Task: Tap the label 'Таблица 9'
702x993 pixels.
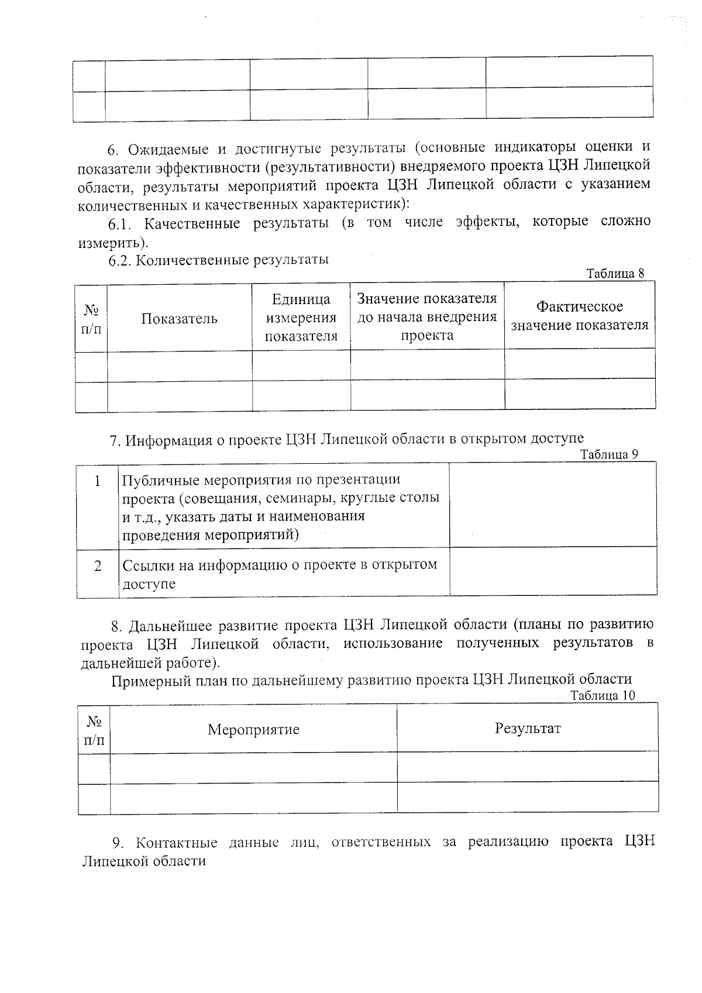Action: click(x=608, y=454)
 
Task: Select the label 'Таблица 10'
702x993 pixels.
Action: click(x=602, y=695)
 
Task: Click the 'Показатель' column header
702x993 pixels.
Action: click(x=179, y=318)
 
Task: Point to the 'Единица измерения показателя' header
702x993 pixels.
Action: click(x=301, y=318)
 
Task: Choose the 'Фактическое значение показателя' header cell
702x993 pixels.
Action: click(x=580, y=316)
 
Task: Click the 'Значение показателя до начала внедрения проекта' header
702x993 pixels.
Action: click(x=427, y=317)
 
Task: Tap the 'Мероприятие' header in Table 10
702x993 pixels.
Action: click(x=253, y=729)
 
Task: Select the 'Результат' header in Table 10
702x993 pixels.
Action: click(x=528, y=727)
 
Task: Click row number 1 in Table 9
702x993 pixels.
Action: click(x=98, y=481)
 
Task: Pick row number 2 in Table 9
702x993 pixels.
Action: click(x=98, y=566)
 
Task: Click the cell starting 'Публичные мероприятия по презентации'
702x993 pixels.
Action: click(x=281, y=506)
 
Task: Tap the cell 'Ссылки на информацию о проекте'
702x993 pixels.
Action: click(x=280, y=574)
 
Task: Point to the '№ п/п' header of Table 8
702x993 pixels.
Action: click(x=91, y=319)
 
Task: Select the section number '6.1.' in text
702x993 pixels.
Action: click(x=122, y=224)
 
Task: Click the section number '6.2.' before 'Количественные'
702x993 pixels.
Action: click(x=121, y=260)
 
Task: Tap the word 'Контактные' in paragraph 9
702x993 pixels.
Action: click(x=176, y=843)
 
